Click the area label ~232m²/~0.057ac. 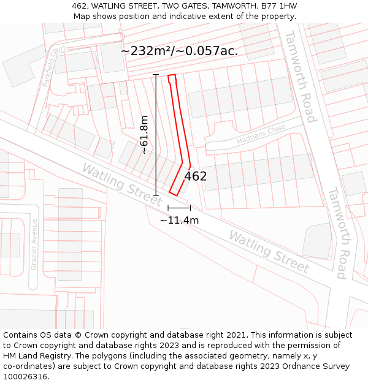179,51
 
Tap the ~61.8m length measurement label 144,135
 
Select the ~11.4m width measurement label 179,220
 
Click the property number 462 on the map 196,176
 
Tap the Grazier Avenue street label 34,245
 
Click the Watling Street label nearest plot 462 123,184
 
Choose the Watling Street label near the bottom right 269,251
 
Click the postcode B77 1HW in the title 279,6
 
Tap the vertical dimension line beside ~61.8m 156,135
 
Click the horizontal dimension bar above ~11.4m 179,208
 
